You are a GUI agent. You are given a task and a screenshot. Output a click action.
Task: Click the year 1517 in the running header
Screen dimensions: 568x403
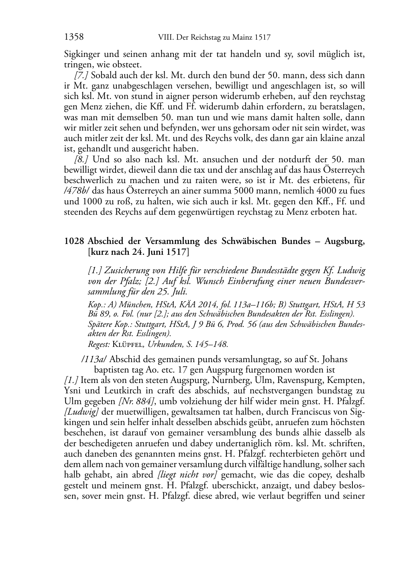point(263,38)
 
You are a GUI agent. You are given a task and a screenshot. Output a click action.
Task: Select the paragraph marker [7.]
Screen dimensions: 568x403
point(82,75)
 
